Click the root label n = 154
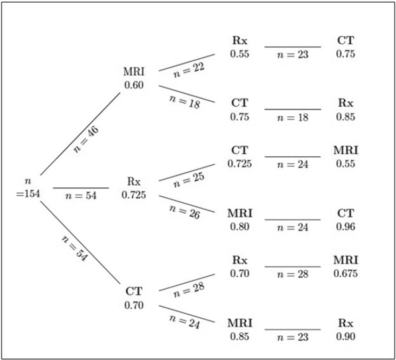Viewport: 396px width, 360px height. click(28, 188)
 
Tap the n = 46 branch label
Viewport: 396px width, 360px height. click(85, 140)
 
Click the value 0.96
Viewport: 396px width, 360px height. click(345, 226)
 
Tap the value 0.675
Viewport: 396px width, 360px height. click(345, 274)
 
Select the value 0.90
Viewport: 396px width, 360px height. click(345, 336)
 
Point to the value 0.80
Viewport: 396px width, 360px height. click(239, 226)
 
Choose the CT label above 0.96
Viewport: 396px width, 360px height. click(345, 213)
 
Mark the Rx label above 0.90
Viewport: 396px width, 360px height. click(345, 323)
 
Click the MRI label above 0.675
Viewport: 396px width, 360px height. click(345, 261)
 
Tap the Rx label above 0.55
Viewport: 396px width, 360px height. click(239, 41)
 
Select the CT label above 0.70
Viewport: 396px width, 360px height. click(133, 292)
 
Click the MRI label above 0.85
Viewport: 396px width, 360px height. click(239, 323)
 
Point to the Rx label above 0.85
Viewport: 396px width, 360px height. click(345, 102)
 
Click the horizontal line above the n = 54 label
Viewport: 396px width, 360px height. click(81, 188)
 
